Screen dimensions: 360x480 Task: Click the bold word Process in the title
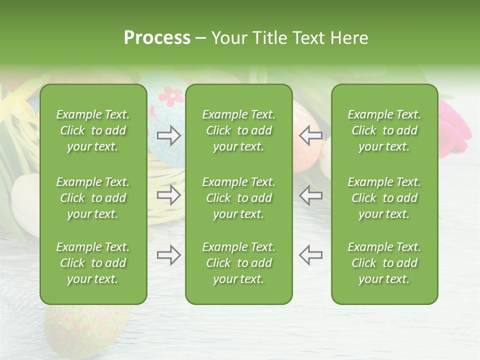(x=157, y=38)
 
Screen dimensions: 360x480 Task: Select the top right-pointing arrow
(x=169, y=135)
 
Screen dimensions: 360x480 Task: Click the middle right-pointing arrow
(x=169, y=195)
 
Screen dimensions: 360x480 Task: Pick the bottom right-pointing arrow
(x=169, y=255)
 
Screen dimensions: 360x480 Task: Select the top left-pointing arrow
(x=310, y=135)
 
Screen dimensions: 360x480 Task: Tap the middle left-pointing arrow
(x=310, y=195)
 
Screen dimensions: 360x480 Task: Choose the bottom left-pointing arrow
(x=310, y=255)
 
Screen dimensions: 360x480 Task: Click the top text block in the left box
(x=93, y=130)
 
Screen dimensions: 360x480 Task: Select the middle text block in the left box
(x=93, y=198)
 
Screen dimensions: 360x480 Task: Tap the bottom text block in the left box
(x=93, y=263)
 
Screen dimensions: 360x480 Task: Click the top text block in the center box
(x=238, y=130)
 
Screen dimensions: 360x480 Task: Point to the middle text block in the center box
(x=238, y=198)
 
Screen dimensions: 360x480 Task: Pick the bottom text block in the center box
(x=238, y=263)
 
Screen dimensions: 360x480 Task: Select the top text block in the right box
(x=384, y=130)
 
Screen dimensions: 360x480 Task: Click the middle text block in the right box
(x=384, y=198)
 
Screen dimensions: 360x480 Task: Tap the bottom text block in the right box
(x=384, y=263)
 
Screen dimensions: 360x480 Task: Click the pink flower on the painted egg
(x=171, y=96)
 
